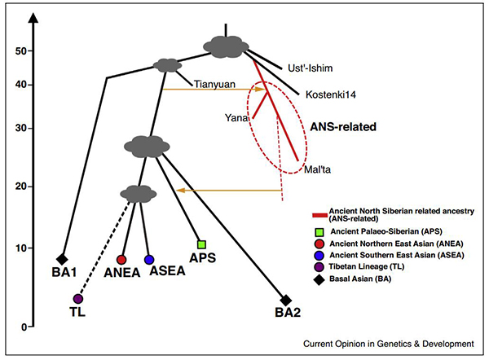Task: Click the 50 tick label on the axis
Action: [x=16, y=51]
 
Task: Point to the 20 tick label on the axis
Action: [x=16, y=187]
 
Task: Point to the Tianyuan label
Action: [x=215, y=82]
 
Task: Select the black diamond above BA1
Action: [x=62, y=259]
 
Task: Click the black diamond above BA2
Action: [x=285, y=300]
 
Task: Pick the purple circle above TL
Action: [x=77, y=299]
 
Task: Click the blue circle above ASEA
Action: [x=149, y=259]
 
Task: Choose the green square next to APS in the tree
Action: [x=201, y=244]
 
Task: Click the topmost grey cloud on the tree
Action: [x=225, y=46]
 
